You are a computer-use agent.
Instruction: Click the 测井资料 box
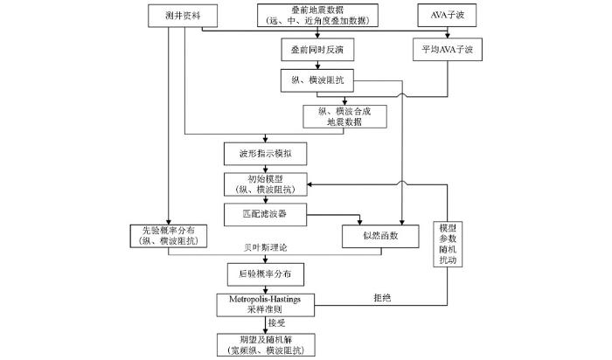183,16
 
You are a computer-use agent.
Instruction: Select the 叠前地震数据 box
317,15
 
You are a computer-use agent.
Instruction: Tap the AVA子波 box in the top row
447,15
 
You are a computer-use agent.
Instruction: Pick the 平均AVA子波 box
448,50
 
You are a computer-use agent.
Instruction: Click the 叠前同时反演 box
317,50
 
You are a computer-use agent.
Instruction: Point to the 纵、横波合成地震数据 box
344,116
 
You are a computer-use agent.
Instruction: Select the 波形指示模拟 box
266,154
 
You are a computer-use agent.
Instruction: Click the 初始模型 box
266,184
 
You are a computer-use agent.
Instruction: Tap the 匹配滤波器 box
266,215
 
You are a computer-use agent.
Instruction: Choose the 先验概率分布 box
169,236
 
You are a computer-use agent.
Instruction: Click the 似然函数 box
380,237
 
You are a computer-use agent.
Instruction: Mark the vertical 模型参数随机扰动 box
448,244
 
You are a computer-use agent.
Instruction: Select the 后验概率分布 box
266,274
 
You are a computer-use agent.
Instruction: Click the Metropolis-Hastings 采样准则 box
266,305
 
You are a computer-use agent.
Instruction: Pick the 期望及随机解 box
266,345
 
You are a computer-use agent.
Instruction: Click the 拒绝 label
382,298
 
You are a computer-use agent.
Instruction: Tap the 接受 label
277,323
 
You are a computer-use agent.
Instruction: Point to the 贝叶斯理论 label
266,247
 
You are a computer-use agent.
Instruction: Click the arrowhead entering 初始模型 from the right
309,184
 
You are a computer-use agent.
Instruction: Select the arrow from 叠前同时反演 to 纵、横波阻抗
317,66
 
